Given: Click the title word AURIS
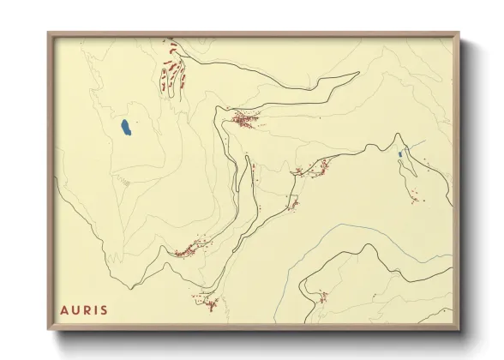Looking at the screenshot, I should click(x=84, y=309).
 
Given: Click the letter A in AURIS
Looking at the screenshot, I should click(x=64, y=309).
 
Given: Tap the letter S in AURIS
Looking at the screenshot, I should click(x=105, y=309).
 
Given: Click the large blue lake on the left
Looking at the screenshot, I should click(x=126, y=129).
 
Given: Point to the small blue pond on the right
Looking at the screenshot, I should click(x=400, y=154).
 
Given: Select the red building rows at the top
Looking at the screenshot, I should click(x=171, y=67).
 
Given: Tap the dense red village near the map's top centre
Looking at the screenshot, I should click(x=242, y=120).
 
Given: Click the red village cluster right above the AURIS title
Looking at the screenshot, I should click(x=187, y=250).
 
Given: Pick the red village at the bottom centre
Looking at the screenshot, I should click(x=208, y=302).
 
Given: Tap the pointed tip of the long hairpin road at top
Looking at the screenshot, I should click(x=357, y=74).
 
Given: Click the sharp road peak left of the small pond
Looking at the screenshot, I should click(x=396, y=135).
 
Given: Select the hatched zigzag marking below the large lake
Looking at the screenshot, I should click(x=125, y=181).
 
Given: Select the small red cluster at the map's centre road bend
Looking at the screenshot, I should click(x=292, y=203).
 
